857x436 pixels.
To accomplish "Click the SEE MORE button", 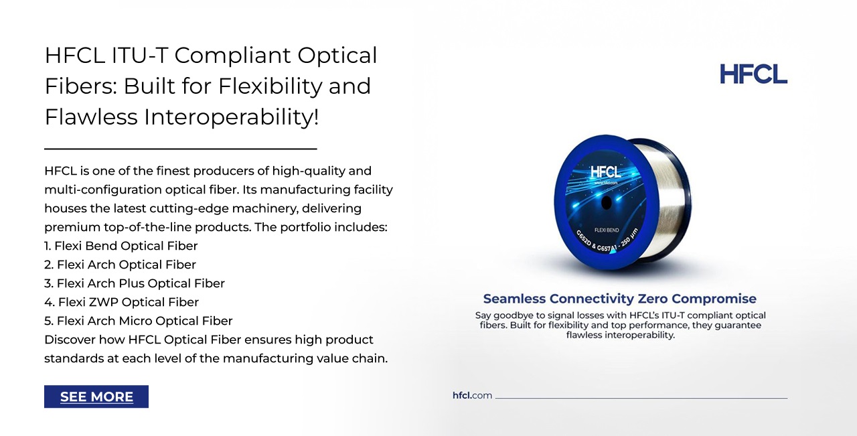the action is (x=96, y=396).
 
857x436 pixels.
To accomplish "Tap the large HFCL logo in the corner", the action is (x=753, y=74).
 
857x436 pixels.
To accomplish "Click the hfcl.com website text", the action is (x=472, y=395).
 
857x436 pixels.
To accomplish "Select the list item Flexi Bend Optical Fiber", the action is (x=121, y=246).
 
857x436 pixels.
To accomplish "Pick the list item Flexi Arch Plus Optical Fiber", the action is (x=135, y=283).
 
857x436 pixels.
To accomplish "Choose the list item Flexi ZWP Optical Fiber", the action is (x=122, y=302).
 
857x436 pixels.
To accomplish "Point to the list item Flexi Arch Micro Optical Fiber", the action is (x=138, y=321).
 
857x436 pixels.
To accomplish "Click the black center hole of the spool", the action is (x=607, y=202).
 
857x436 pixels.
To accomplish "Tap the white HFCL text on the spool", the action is (x=605, y=172).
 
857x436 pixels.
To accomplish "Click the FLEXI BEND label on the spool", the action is (x=607, y=230).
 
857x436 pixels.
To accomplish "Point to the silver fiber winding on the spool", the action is (x=665, y=199).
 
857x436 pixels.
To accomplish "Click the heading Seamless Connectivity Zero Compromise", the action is (x=619, y=299).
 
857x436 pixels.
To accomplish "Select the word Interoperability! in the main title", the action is (x=231, y=117).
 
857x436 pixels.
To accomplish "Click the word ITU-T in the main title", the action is (x=140, y=55).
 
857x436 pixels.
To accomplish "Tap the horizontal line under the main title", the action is (x=181, y=149).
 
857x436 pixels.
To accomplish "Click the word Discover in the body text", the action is (x=70, y=340).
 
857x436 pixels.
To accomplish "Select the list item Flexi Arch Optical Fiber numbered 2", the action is (x=120, y=265).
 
